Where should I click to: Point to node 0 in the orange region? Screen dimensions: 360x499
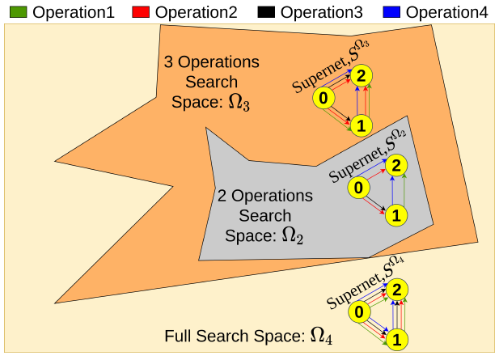coord(324,99)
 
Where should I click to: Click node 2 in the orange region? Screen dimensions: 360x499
coord(362,75)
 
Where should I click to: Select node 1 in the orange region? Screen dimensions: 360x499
coord(362,125)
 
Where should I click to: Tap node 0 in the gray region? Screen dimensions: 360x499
coord(357,188)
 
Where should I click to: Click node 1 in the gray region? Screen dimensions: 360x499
coord(395,215)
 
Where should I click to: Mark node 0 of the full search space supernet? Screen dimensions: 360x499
coord(357,312)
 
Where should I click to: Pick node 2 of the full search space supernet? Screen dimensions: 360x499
coord(395,290)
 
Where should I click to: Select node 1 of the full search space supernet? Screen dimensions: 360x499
coord(395,339)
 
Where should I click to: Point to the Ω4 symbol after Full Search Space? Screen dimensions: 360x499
coord(321,336)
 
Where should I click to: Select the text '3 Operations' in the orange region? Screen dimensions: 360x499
coord(212,61)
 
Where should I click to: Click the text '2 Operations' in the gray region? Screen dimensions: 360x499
coord(264,197)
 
